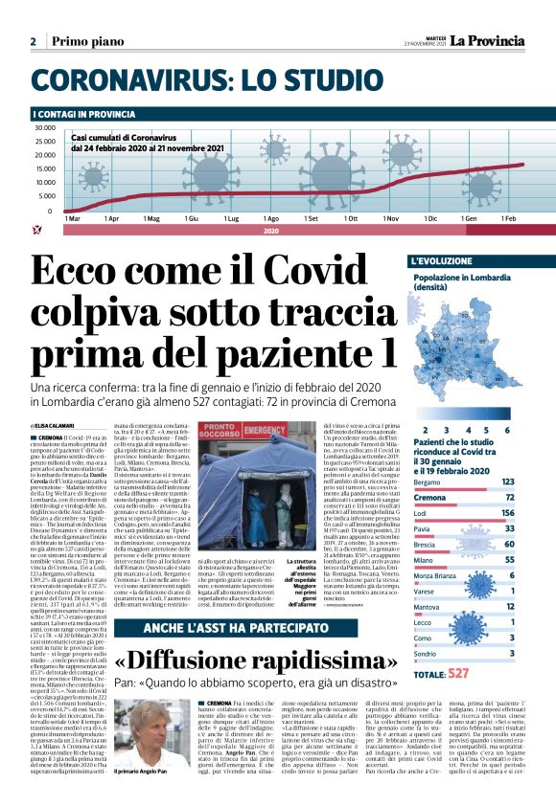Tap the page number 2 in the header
coord(33,41)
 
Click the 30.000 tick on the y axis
coord(45,128)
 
